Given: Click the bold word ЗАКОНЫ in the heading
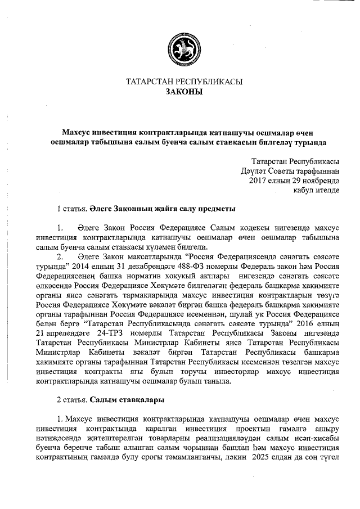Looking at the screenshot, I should point(184,92).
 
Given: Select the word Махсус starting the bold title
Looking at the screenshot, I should point(78,132).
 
